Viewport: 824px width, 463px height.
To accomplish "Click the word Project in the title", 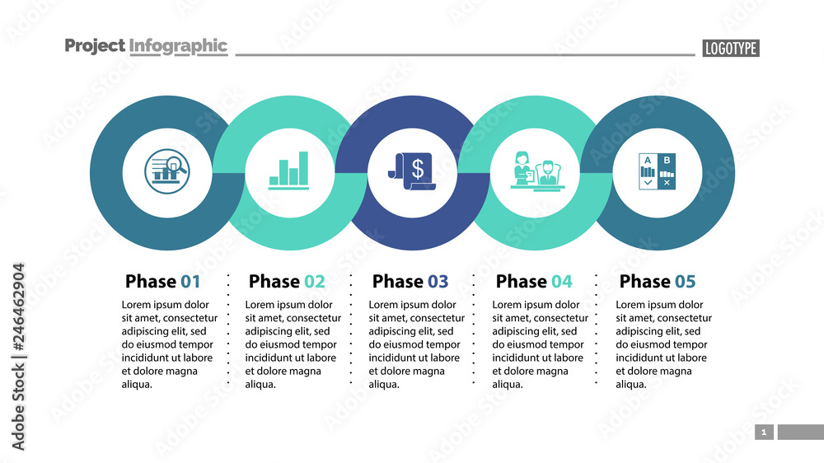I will click(x=95, y=46).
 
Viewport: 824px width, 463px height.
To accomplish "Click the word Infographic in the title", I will click(x=178, y=46).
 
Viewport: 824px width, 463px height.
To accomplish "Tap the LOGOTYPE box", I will click(x=730, y=49).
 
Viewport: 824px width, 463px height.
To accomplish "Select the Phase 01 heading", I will click(x=162, y=282).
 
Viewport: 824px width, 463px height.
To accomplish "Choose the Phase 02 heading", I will click(x=287, y=282).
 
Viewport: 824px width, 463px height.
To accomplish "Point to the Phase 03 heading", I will click(x=410, y=282).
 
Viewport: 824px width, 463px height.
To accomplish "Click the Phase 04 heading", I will click(x=534, y=282).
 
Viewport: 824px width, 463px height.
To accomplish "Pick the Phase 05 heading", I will click(x=658, y=282).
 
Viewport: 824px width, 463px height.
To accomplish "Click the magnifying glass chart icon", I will click(x=166, y=170).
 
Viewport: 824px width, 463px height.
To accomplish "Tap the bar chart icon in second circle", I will click(x=288, y=171).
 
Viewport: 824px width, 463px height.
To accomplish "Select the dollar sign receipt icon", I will click(x=412, y=171).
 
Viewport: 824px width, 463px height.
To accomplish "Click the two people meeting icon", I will click(x=536, y=171).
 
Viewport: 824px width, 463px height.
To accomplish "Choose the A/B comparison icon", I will click(x=658, y=171).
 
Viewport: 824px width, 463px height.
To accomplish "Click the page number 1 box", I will click(x=764, y=432).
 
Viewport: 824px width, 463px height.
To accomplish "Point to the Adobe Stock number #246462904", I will click(x=18, y=357).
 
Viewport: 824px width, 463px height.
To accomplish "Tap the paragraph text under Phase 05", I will click(x=663, y=344).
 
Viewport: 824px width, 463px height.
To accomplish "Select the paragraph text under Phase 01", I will click(x=169, y=344).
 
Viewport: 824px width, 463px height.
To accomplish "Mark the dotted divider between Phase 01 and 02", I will click(x=228, y=330).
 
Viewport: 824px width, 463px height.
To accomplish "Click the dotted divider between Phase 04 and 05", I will click(x=596, y=330).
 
